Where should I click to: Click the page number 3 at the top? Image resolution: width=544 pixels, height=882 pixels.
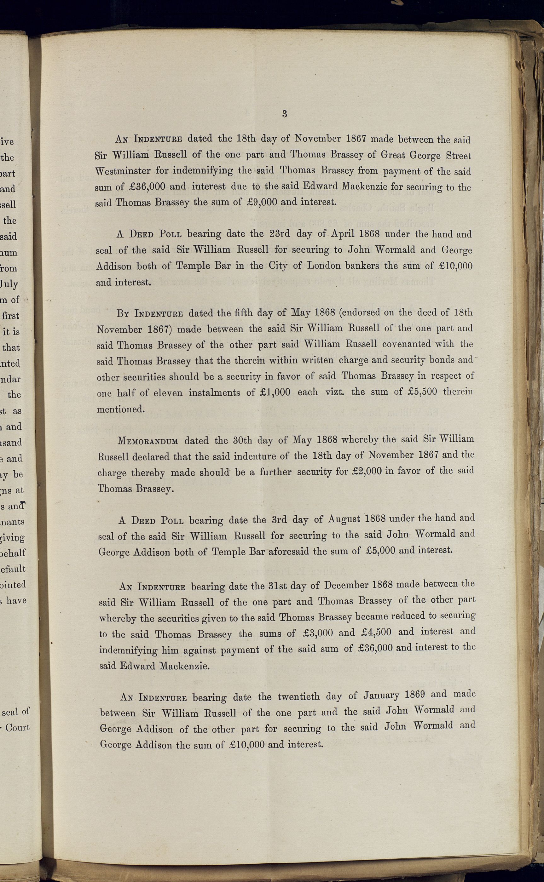click(x=284, y=114)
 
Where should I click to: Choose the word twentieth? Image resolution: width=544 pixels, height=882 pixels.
click(x=298, y=696)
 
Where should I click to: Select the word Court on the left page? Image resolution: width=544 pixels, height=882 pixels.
click(x=17, y=727)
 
